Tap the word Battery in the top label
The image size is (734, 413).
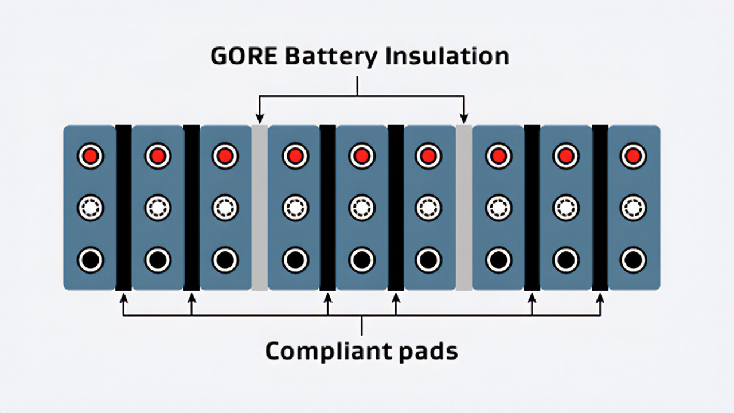click(330, 57)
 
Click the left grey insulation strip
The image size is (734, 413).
click(260, 208)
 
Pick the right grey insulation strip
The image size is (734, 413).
click(464, 208)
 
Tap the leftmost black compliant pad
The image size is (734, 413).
click(123, 208)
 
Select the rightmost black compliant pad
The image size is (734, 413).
click(600, 208)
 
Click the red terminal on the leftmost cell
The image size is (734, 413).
click(91, 156)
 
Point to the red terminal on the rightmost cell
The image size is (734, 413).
click(633, 156)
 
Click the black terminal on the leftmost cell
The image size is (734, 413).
click(91, 260)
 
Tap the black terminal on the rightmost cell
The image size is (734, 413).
click(633, 260)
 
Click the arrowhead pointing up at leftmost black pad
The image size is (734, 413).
click(123, 297)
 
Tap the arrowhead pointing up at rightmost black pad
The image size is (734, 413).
click(600, 297)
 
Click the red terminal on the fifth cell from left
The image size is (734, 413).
click(362, 156)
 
